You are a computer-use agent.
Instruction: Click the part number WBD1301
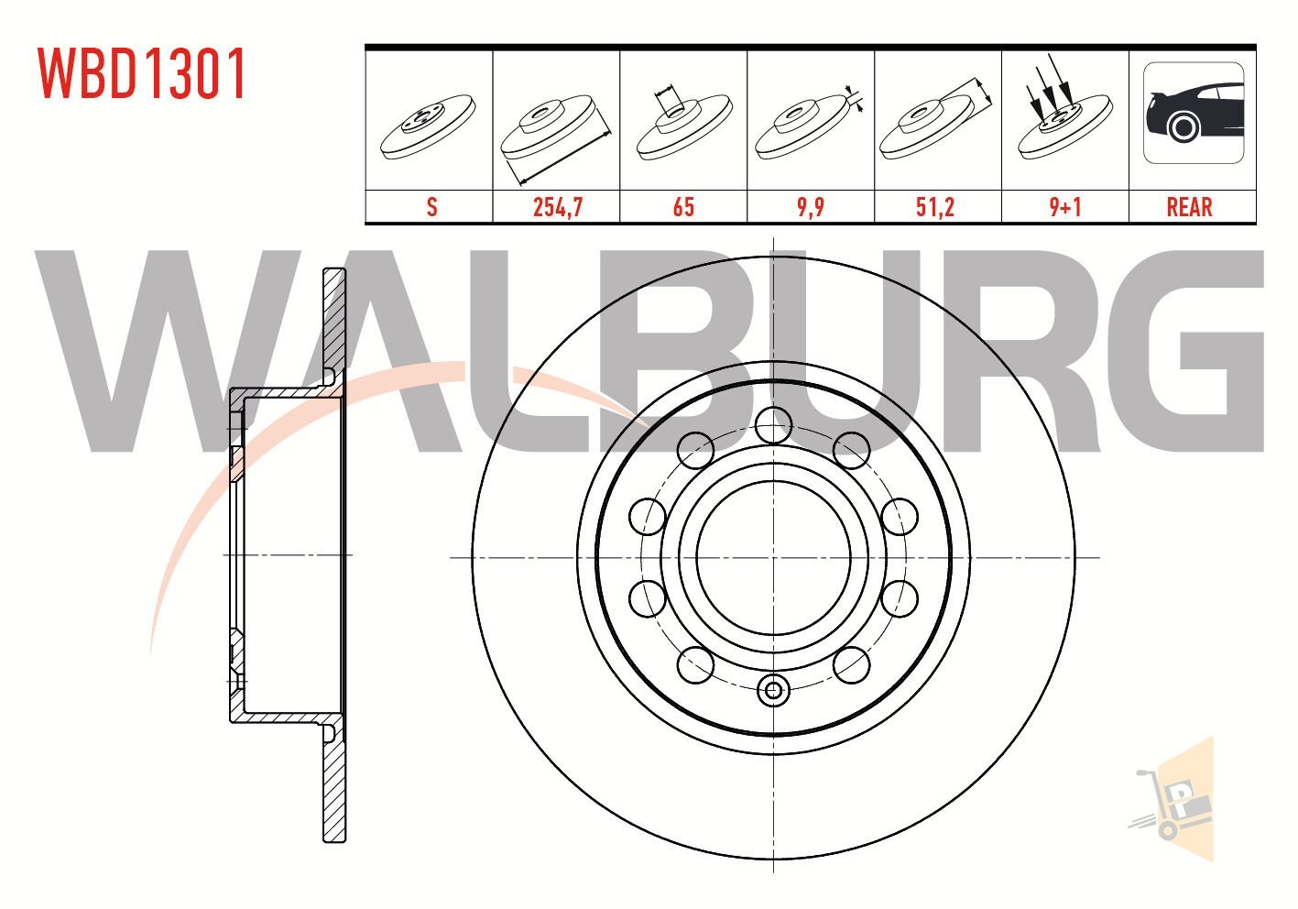[142, 74]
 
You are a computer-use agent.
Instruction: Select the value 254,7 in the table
[557, 207]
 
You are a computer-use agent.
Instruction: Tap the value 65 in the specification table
[683, 207]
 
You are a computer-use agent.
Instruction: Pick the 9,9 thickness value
[811, 207]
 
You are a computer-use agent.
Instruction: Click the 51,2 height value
[936, 207]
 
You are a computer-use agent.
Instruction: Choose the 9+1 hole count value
[1064, 207]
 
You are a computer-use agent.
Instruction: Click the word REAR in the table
[1189, 207]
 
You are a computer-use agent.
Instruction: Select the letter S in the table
[431, 207]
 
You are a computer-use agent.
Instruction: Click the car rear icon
[1193, 114]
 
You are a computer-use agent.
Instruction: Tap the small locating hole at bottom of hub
[774, 690]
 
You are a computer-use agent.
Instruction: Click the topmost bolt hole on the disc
[774, 424]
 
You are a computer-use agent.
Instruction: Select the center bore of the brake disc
[774, 556]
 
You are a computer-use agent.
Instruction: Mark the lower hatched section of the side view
[335, 788]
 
